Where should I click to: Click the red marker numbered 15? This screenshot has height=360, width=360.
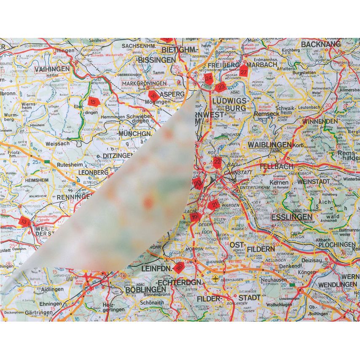93,101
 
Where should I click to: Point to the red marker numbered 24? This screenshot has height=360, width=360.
208,78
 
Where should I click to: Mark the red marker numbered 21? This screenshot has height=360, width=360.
213,205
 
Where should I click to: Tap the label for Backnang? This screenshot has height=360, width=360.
321,43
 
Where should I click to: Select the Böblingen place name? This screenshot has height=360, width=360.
145,290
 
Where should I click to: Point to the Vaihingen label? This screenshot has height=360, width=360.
52,69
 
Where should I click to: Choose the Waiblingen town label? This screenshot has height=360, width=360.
270,145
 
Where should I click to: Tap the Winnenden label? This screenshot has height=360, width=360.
320,121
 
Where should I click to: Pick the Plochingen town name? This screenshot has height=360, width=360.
337,244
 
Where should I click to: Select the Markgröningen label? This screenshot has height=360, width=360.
144,83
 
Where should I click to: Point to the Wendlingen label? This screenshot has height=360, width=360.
337,285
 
